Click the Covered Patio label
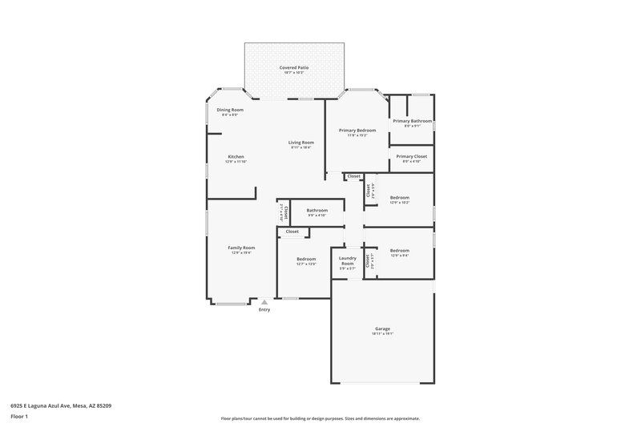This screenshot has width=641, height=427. [x=294, y=68]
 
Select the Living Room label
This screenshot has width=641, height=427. [x=301, y=143]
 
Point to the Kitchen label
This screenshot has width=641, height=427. [x=236, y=156]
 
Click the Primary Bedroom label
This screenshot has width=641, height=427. [x=357, y=130]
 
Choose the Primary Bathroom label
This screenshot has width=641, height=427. [x=413, y=121]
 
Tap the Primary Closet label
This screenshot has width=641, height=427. [x=412, y=156]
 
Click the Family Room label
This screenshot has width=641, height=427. [x=242, y=248]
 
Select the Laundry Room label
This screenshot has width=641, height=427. [x=347, y=260]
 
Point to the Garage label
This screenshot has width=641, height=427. [x=382, y=328]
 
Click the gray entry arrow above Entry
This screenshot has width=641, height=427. [x=264, y=302]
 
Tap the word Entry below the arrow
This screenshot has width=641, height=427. [x=264, y=310]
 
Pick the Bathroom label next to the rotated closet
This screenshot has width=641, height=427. [x=317, y=210]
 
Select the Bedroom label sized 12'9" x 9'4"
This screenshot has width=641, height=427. [x=400, y=251]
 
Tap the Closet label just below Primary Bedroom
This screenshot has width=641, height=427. [x=353, y=176]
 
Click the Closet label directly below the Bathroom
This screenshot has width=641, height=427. [x=292, y=232]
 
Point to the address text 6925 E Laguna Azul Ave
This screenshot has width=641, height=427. [x=61, y=406]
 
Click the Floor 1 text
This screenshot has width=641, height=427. [x=19, y=417]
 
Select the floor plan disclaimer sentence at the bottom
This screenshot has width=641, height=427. [x=320, y=418]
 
